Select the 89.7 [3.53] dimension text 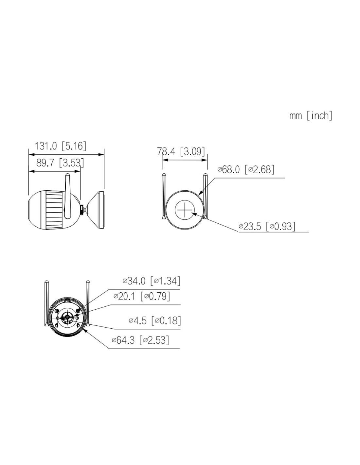(x=60, y=163)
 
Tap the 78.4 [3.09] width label (x=181, y=151)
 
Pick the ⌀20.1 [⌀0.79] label (x=142, y=296)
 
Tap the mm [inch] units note (x=311, y=115)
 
